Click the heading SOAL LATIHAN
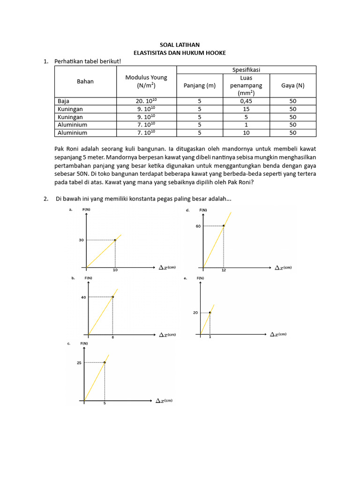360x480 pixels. [180, 45]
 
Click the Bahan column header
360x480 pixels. [85, 81]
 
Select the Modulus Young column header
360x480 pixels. [146, 81]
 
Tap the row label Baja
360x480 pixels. [63, 101]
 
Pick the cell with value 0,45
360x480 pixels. [246, 101]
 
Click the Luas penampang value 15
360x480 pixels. [246, 109]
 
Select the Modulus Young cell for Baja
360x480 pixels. [146, 101]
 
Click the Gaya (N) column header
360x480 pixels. [292, 85]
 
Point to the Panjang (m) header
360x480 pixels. [200, 85]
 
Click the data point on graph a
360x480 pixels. [115, 240]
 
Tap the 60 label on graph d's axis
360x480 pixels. [198, 226]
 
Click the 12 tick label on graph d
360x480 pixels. [224, 271]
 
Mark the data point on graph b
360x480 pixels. [112, 297]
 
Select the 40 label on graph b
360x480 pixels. [83, 297]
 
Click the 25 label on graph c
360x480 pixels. [79, 362]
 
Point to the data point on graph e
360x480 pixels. [210, 313]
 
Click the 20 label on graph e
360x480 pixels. [195, 313]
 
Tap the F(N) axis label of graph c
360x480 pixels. [84, 344]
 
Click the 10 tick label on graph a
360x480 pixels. [115, 270]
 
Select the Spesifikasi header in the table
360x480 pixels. [246, 69]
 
